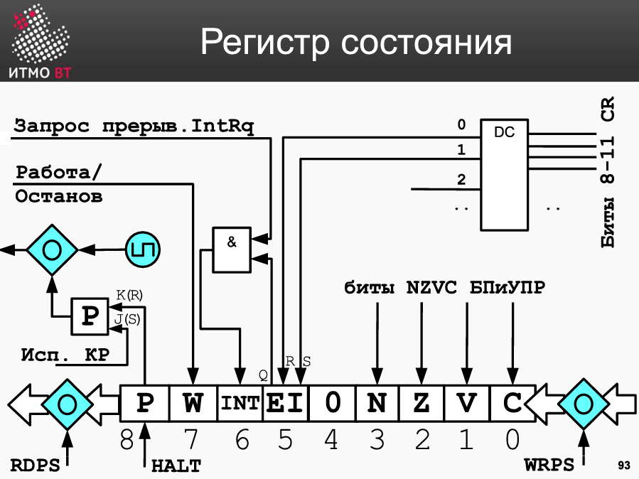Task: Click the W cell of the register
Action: point(193,403)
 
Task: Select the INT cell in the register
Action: point(240,403)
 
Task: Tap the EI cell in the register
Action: point(285,403)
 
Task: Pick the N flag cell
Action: point(377,403)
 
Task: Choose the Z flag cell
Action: point(421,403)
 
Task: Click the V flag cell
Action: point(467,403)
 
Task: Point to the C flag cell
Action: point(512,403)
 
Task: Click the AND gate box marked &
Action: point(232,249)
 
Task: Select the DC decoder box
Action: point(504,175)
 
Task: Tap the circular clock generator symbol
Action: point(143,249)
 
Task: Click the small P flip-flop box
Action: point(90,316)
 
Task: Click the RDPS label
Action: point(35,465)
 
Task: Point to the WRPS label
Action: point(549,464)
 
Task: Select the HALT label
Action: point(176,466)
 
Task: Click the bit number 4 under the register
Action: point(331,440)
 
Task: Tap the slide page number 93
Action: point(624,465)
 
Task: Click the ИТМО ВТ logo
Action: point(40,41)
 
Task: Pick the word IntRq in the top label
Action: point(222,126)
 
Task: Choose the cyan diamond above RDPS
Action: point(67,404)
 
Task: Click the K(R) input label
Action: point(129,295)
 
